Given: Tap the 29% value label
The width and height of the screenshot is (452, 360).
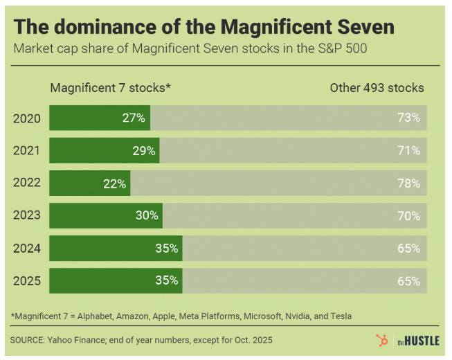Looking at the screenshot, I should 143,151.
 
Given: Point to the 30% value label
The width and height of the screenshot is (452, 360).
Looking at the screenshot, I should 147,216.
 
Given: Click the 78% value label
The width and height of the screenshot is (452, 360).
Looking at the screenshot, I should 409,183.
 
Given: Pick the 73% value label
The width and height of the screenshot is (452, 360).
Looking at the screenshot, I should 409,118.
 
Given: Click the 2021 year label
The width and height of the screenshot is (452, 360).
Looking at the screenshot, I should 27,151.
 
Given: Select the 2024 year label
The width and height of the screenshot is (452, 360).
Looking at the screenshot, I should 27,249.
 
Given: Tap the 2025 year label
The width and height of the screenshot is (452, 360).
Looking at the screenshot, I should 27,281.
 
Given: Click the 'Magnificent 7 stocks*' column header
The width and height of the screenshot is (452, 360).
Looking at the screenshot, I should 110,88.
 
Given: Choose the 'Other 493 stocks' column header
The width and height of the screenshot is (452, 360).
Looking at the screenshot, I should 377,88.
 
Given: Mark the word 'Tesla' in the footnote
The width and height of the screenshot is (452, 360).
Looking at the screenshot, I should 340,316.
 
